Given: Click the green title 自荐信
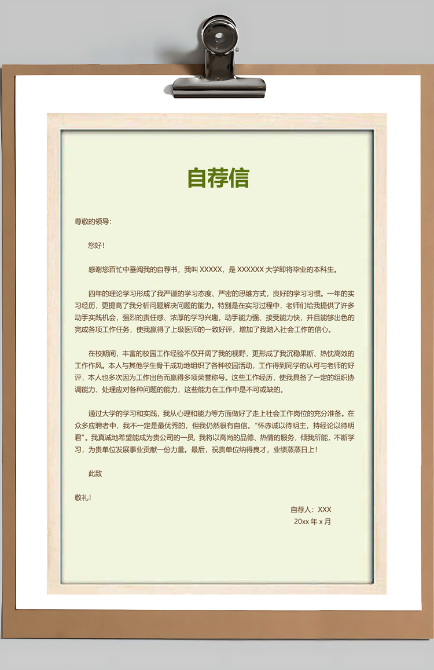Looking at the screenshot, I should pyautogui.click(x=218, y=178).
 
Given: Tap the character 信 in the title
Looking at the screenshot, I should pyautogui.click(x=238, y=178).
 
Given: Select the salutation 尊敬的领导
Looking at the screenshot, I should pyautogui.click(x=92, y=221).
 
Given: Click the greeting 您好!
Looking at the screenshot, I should pyautogui.click(x=97, y=246).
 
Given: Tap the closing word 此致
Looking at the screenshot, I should pyautogui.click(x=95, y=474).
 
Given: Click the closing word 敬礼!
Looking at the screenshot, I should pyautogui.click(x=83, y=497).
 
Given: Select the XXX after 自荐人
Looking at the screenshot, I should pyautogui.click(x=324, y=510).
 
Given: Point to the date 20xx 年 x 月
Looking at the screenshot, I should pyautogui.click(x=312, y=521).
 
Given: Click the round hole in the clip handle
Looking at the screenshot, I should pyautogui.click(x=219, y=38).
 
